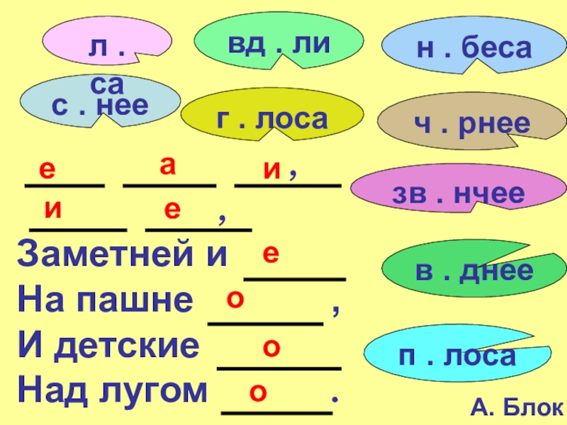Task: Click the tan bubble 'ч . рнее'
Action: click(471, 125)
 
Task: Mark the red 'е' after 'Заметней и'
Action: click(270, 253)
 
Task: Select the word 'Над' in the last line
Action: click(46, 390)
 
